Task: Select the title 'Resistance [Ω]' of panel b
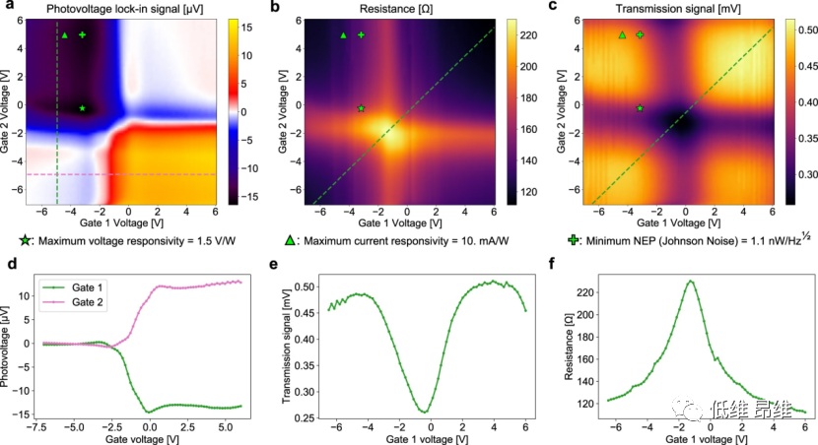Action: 384,10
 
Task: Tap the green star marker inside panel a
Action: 83,108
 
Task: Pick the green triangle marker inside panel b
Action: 343,35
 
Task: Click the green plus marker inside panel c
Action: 640,34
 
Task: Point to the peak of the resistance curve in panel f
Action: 691,282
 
